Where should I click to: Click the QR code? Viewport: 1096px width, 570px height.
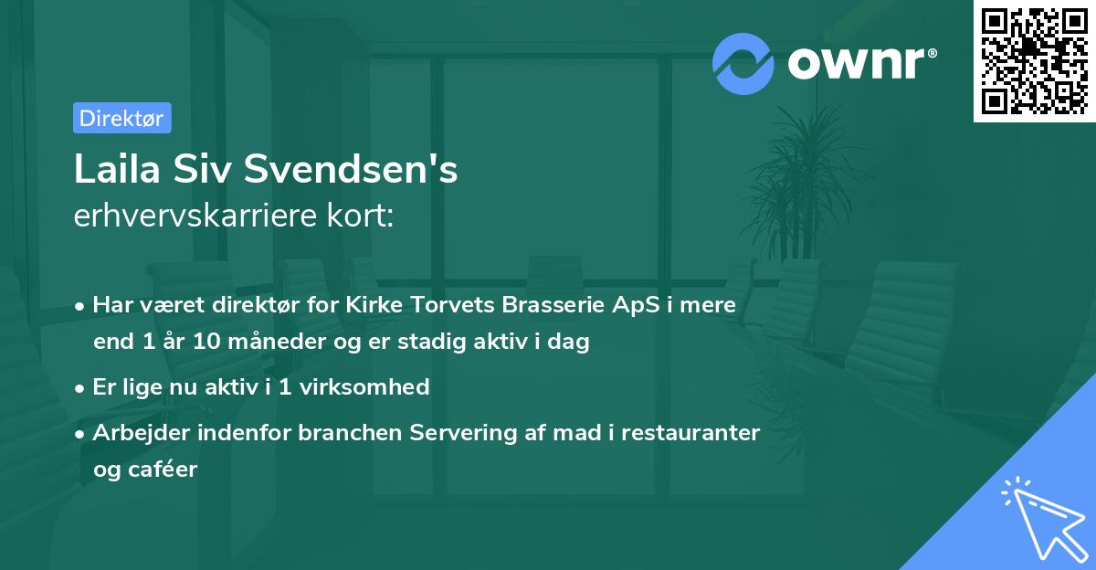[1034, 61]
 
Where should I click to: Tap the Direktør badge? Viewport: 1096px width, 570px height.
[121, 118]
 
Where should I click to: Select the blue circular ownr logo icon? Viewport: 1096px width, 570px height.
[743, 63]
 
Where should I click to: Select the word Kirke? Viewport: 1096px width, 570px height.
[374, 305]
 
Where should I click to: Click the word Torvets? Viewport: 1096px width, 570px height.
[438, 305]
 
